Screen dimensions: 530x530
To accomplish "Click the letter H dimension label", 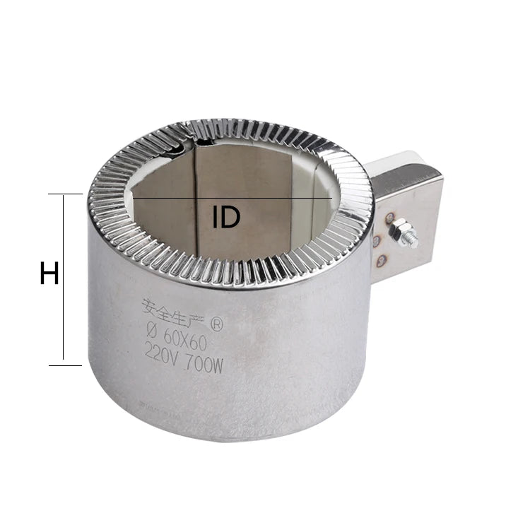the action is tap(49, 273).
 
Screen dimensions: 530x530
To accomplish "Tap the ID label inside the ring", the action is tap(226, 216).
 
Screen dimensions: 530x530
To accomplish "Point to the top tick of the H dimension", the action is tap(65, 194).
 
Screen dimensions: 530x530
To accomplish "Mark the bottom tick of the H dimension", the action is tap(65, 365).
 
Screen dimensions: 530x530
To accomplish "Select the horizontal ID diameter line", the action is tap(232, 197).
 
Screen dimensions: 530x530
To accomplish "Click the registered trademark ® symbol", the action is tap(217, 324).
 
